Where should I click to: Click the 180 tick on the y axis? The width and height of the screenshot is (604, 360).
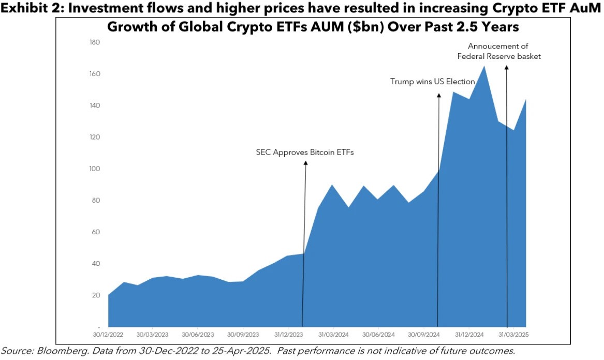95,42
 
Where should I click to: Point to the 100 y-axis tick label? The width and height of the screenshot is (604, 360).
95,169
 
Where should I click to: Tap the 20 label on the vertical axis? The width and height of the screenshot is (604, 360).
96,295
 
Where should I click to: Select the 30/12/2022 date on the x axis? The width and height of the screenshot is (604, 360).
108,335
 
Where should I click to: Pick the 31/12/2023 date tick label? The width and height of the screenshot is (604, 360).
290,335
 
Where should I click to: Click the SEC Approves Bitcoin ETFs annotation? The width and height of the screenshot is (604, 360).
305,153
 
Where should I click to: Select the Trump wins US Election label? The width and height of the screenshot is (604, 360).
432,82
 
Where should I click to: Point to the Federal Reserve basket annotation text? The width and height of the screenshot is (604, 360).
499,56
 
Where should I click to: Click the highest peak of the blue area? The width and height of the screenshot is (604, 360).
484,66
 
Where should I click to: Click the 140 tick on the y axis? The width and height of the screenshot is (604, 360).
95,106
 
